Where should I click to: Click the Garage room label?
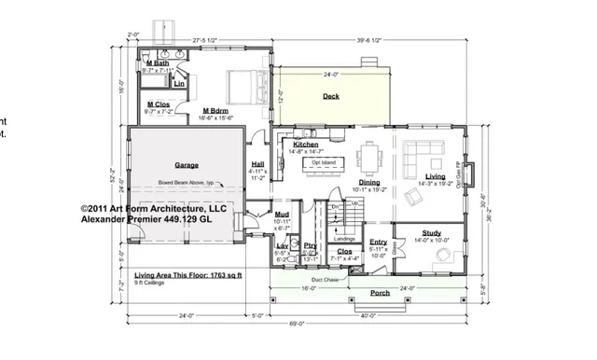point(186,165)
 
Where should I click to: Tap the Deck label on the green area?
point(331,96)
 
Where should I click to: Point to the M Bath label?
point(158,62)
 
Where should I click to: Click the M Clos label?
point(158,104)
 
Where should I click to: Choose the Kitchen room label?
point(306,145)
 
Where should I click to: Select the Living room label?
point(435,175)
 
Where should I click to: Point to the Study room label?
point(431,232)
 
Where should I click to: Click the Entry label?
point(378,242)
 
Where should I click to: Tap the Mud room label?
point(281,214)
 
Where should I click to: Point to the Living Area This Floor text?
point(188,276)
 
